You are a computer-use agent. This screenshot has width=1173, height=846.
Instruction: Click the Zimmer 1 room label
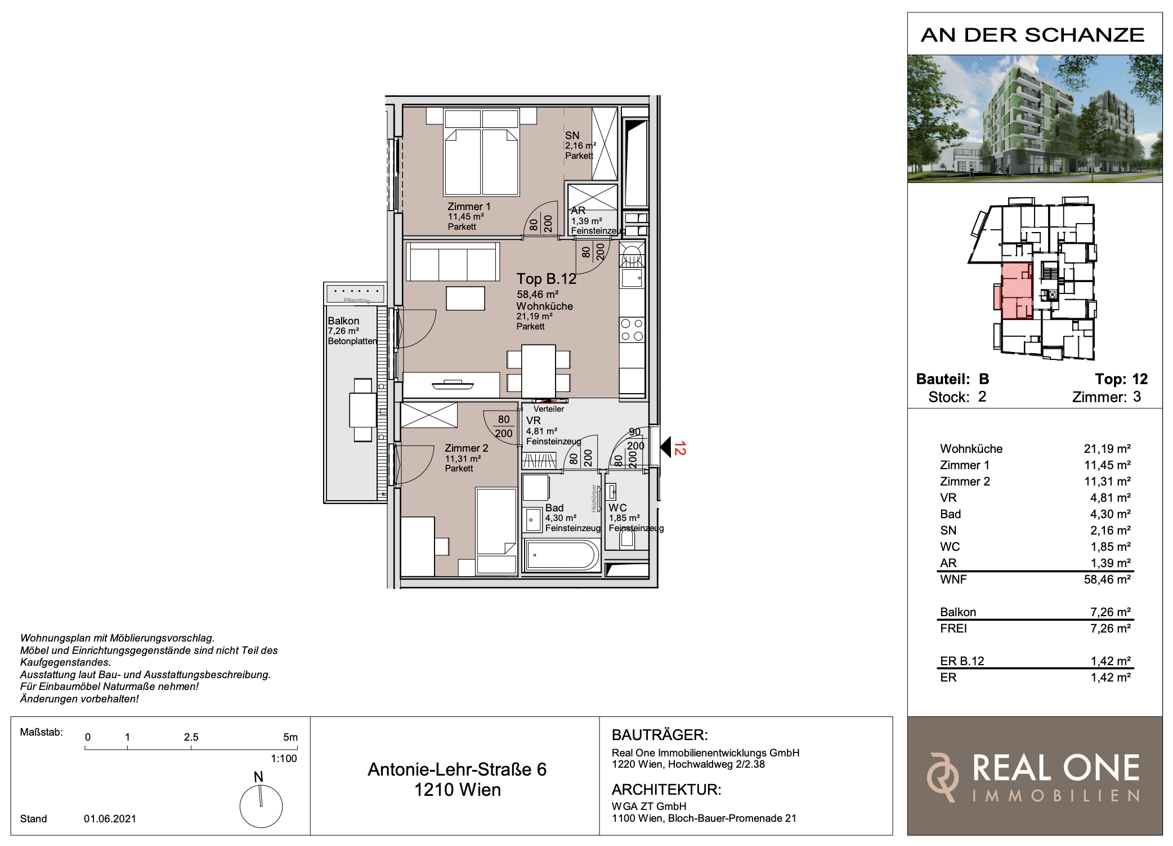pos(469,207)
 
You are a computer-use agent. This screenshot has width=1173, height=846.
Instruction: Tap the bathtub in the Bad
pos(562,555)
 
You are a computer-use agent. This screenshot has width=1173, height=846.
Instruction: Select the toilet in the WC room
pos(626,538)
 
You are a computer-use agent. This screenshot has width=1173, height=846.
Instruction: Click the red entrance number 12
pos(680,448)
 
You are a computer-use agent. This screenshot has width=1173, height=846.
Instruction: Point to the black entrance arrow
pos(665,447)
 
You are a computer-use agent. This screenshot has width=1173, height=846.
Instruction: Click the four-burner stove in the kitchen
pos(632,330)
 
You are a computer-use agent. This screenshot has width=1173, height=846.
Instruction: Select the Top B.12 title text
pos(546,279)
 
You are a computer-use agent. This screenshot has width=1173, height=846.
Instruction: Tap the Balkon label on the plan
pos(343,320)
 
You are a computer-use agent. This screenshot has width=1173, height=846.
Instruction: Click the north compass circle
pos(261,806)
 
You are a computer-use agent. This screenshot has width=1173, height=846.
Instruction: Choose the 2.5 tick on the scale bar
pos(191,747)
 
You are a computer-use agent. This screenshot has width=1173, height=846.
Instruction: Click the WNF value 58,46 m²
pos(1107,580)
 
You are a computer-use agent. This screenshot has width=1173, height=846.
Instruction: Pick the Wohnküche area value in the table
pos(1107,449)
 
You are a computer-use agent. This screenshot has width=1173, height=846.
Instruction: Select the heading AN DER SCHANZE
pos(1033,35)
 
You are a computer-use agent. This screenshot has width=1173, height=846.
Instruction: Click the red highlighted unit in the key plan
pos(1016,291)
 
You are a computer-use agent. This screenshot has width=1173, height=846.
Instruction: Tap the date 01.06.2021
pos(110,818)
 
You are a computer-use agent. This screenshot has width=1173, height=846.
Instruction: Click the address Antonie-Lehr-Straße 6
pos(457,769)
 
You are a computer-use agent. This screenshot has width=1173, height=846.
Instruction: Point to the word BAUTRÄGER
pos(660,735)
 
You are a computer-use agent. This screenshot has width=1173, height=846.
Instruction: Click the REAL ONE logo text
pos(1056,768)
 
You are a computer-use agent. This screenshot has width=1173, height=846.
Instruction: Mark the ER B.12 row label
pos(962,661)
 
